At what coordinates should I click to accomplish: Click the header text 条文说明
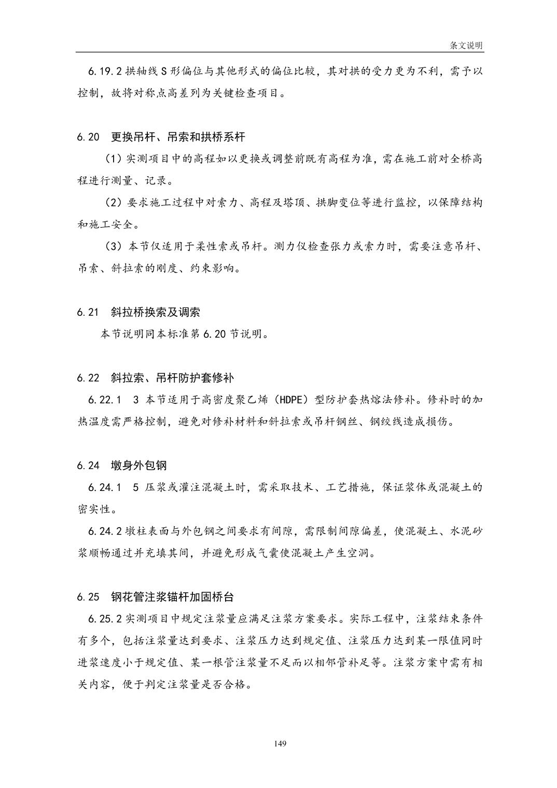[x=466, y=46]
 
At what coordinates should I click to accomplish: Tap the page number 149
[x=280, y=744]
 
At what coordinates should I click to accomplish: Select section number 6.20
[x=88, y=137]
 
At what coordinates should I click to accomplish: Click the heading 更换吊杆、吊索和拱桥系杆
[x=178, y=137]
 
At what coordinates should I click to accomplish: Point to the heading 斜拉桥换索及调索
[x=156, y=312]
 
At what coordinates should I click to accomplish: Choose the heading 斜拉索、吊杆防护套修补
[x=173, y=378]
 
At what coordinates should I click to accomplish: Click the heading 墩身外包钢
[x=139, y=465]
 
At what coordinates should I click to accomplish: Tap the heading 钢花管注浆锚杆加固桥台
[x=173, y=597]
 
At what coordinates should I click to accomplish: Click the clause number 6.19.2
[x=105, y=72]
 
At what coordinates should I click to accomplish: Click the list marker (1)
[x=113, y=159]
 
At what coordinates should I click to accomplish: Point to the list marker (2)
[x=113, y=203]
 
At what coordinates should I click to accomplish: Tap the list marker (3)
[x=113, y=246]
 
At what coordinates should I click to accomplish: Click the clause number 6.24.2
[x=105, y=531]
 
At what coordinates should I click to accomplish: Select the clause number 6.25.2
[x=105, y=619]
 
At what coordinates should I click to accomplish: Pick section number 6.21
[x=88, y=312]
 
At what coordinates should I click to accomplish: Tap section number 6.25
[x=88, y=597]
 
